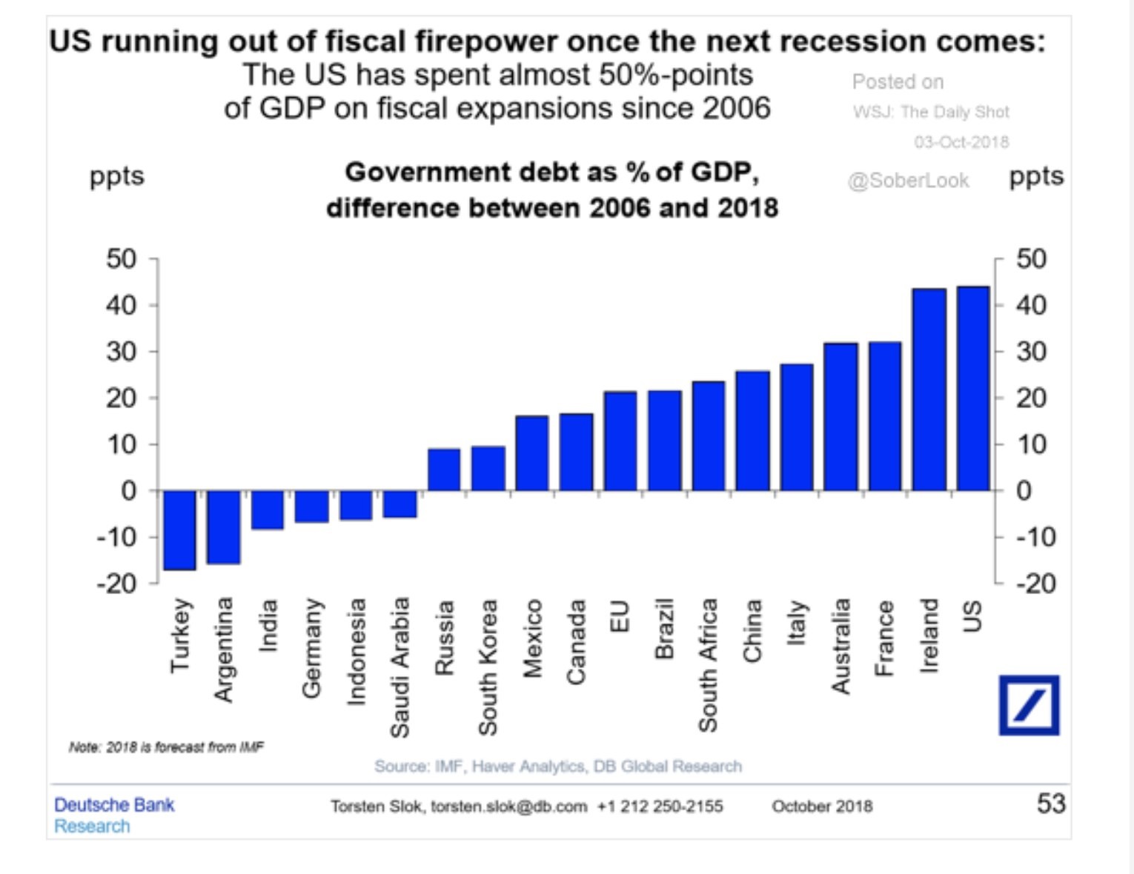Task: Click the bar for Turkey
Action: pyautogui.click(x=179, y=530)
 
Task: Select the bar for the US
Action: pyautogui.click(x=973, y=389)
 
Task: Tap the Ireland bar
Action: pyautogui.click(x=929, y=390)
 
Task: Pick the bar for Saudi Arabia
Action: pyautogui.click(x=399, y=504)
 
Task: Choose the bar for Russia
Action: pyautogui.click(x=444, y=470)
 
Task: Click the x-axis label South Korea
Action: pyautogui.click(x=487, y=667)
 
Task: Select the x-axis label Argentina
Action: pyautogui.click(x=223, y=649)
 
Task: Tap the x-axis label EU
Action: pyautogui.click(x=620, y=616)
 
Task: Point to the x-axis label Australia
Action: pyautogui.click(x=840, y=646)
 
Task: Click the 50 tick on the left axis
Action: pyautogui.click(x=122, y=259)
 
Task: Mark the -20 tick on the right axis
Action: pyautogui.click(x=1035, y=584)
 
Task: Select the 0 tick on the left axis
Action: pyautogui.click(x=129, y=490)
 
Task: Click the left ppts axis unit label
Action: pyautogui.click(x=116, y=177)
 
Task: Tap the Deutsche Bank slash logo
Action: pyautogui.click(x=1029, y=705)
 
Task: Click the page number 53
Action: pyautogui.click(x=1050, y=804)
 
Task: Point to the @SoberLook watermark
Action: pyautogui.click(x=908, y=181)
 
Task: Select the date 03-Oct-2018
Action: pyautogui.click(x=961, y=141)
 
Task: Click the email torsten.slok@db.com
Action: pyautogui.click(x=508, y=806)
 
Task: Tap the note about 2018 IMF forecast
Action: pyautogui.click(x=166, y=747)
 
